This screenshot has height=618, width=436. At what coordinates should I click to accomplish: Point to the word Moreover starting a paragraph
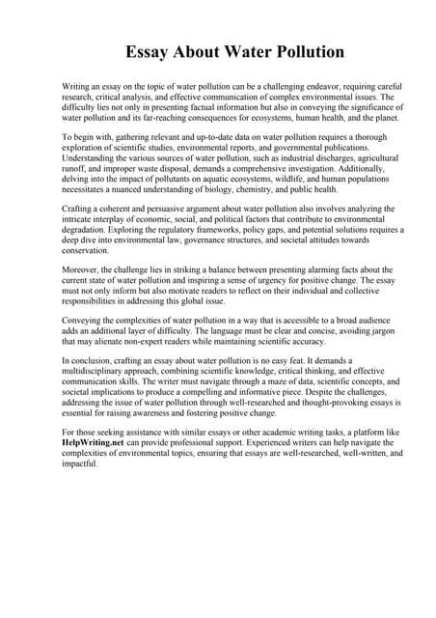click(x=80, y=270)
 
